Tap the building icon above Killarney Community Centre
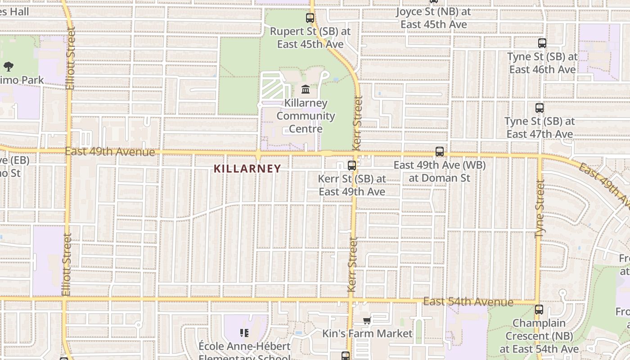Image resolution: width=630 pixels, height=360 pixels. pos(306,89)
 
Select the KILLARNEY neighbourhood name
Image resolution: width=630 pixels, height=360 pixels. pos(247,169)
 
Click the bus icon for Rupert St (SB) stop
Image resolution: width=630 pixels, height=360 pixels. pos(310,18)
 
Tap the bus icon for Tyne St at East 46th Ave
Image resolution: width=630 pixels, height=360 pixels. pos(542,43)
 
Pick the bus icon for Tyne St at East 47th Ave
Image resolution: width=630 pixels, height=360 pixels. pos(540,108)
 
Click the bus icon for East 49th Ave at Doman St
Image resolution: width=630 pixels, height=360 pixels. pos(440,152)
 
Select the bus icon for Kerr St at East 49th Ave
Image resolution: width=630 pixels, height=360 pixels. pos(352,166)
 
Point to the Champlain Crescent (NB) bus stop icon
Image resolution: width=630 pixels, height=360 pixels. pos(539,310)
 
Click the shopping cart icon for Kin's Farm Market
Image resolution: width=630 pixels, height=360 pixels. pos(367,321)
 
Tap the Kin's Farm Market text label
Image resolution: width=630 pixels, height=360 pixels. pos(367,333)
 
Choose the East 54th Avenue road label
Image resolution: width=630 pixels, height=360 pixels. pos(468,301)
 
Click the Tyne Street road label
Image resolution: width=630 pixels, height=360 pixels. pos(540,209)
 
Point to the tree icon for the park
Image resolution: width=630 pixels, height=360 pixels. pos(8,67)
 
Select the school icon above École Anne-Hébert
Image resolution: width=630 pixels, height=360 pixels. pos(244,333)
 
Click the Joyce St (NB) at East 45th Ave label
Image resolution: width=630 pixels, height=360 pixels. pos(434,18)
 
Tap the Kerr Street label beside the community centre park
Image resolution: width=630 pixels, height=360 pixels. pos(358,123)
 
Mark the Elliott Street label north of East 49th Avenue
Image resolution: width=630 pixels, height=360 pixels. pos(70,58)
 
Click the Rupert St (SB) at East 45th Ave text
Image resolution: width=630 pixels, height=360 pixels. pos(310,38)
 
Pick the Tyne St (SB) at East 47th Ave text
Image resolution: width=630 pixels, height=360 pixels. pos(540,128)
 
